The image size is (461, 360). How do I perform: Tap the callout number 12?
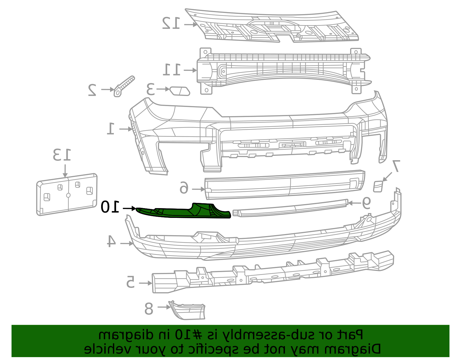click(171, 23)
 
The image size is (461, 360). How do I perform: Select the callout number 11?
click(172, 70)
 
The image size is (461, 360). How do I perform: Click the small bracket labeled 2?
click(124, 86)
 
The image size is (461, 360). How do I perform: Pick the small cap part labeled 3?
click(180, 91)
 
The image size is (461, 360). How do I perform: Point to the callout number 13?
click(62, 155)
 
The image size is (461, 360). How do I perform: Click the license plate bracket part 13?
click(67, 194)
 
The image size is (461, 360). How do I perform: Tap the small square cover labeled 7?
click(378, 186)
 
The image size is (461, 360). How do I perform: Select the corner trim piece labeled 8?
click(187, 310)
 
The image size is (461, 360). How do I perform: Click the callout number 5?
click(131, 282)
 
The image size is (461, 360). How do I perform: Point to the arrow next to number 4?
click(127, 244)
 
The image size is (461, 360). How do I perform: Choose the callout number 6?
click(184, 188)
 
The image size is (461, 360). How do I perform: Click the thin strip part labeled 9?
click(290, 208)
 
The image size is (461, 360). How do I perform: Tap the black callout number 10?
click(110, 207)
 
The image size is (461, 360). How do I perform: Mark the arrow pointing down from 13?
click(65, 171)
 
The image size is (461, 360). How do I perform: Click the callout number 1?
click(111, 129)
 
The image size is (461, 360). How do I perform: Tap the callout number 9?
click(366, 203)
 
